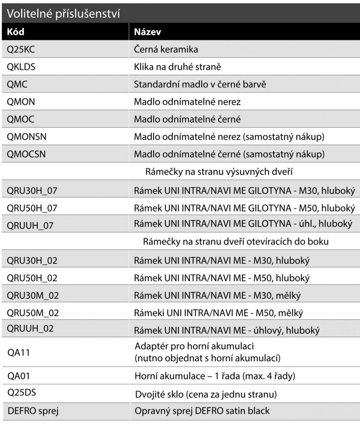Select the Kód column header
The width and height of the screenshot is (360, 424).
pyautogui.click(x=16, y=32)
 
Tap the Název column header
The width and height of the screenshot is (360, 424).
pyautogui.click(x=147, y=32)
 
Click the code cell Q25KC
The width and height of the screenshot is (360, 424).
pyautogui.click(x=21, y=49)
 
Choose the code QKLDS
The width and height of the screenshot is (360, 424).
pyautogui.click(x=21, y=66)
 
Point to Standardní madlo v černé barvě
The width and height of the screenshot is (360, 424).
pyautogui.click(x=199, y=84)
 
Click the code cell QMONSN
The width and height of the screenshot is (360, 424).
pyautogui.click(x=26, y=136)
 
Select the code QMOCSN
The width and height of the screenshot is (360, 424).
pyautogui.click(x=26, y=154)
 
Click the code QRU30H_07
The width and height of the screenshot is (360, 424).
pyautogui.click(x=32, y=191)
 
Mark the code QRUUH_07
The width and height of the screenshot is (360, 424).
pyautogui.click(x=30, y=225)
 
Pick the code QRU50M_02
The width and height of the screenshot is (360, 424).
pyautogui.click(x=33, y=313)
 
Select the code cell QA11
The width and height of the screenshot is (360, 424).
pyautogui.click(x=18, y=352)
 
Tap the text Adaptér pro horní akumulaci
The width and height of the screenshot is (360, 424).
pyautogui.click(x=194, y=346)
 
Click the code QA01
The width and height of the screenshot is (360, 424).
pyautogui.click(x=19, y=376)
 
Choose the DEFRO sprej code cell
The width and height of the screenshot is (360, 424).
pyautogui.click(x=33, y=411)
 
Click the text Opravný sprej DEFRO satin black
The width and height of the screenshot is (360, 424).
pyautogui.click(x=202, y=411)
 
